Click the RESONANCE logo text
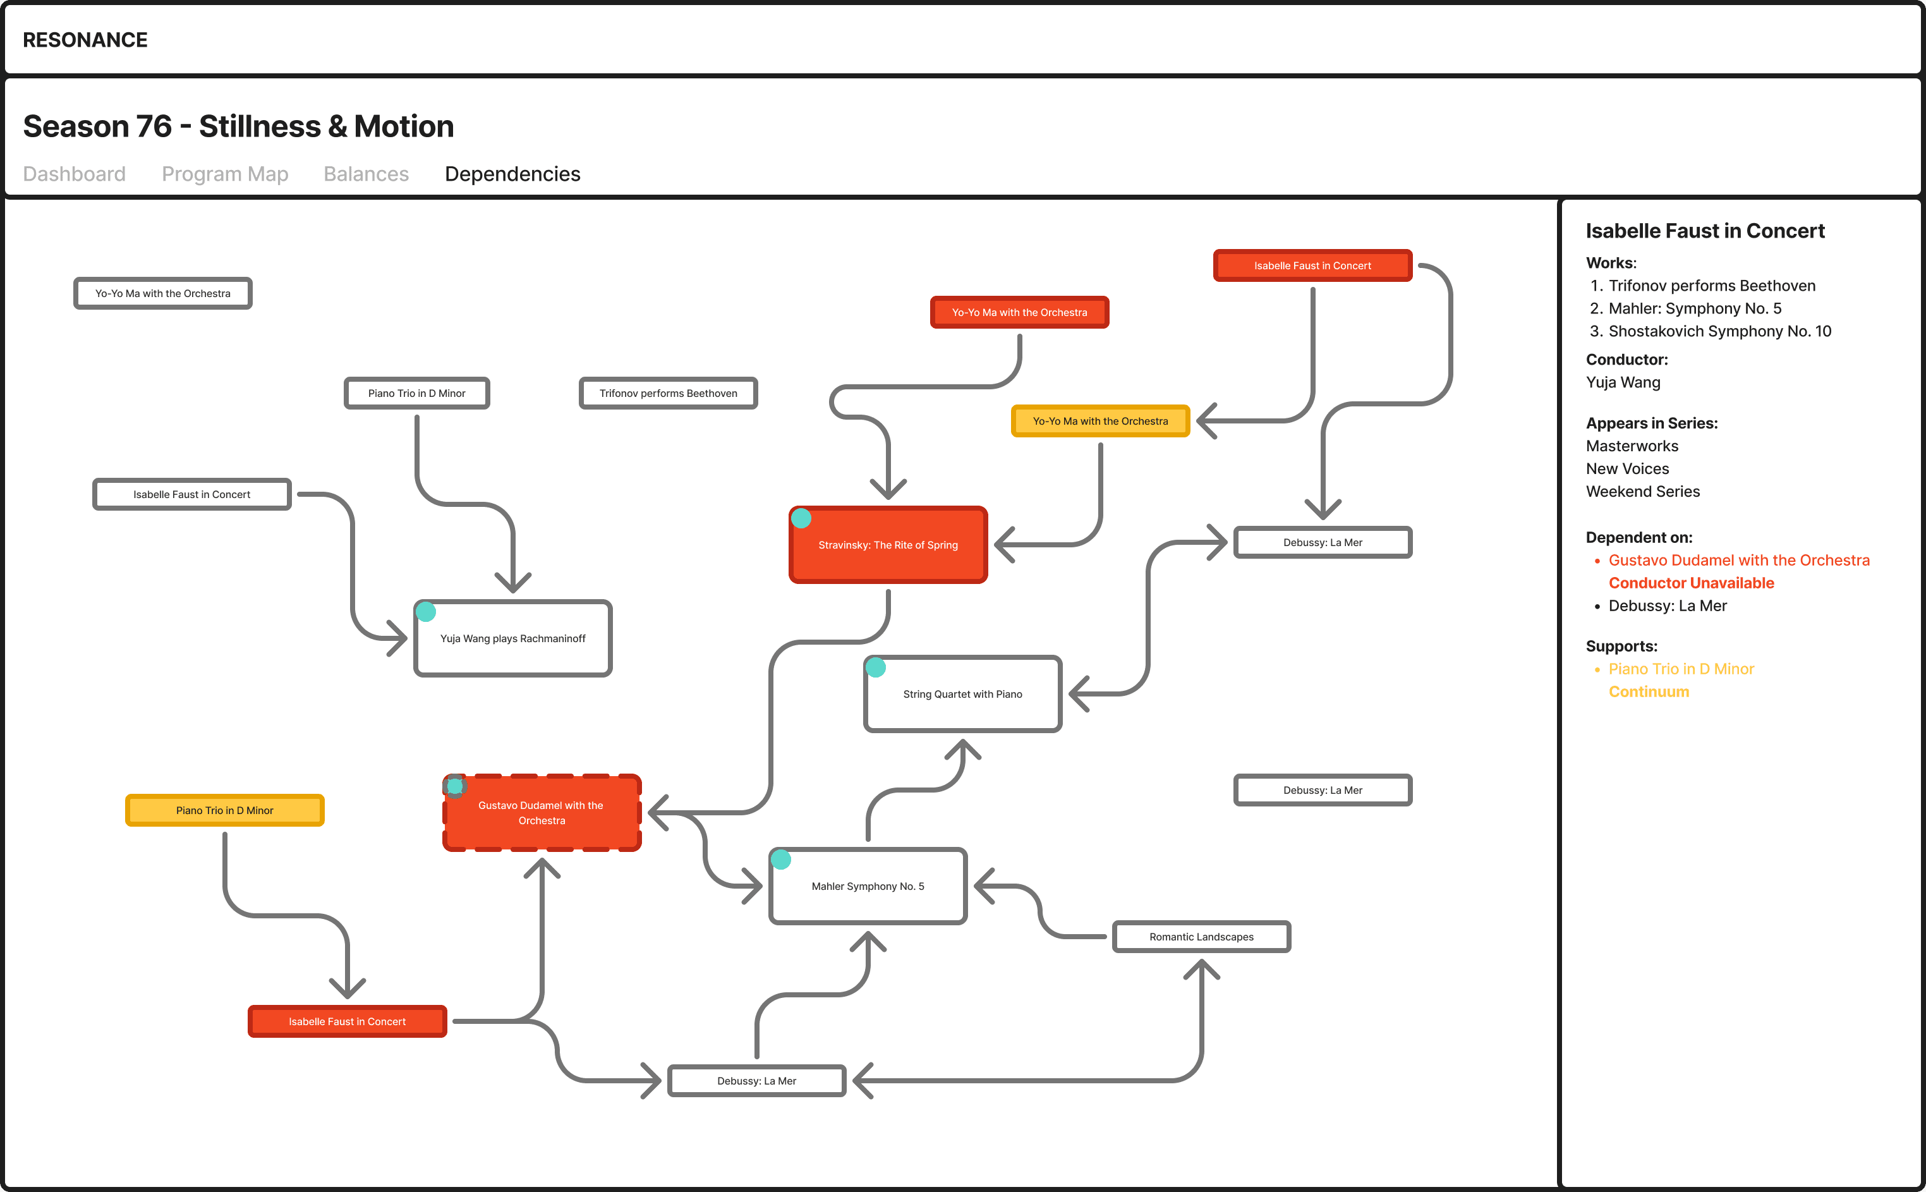click(85, 40)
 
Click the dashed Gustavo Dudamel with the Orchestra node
click(542, 813)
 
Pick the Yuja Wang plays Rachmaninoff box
click(512, 638)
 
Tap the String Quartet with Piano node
click(962, 695)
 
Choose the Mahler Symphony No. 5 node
click(868, 887)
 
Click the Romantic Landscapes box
click(1201, 937)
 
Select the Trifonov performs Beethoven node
click(669, 393)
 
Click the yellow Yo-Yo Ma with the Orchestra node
click(1100, 422)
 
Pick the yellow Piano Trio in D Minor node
click(224, 810)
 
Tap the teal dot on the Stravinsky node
click(801, 519)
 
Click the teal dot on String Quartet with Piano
click(876, 668)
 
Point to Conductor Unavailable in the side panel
click(1691, 583)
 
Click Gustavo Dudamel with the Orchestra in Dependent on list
click(1738, 561)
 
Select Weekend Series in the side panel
click(1642, 492)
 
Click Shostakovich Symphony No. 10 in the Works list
click(1719, 332)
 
